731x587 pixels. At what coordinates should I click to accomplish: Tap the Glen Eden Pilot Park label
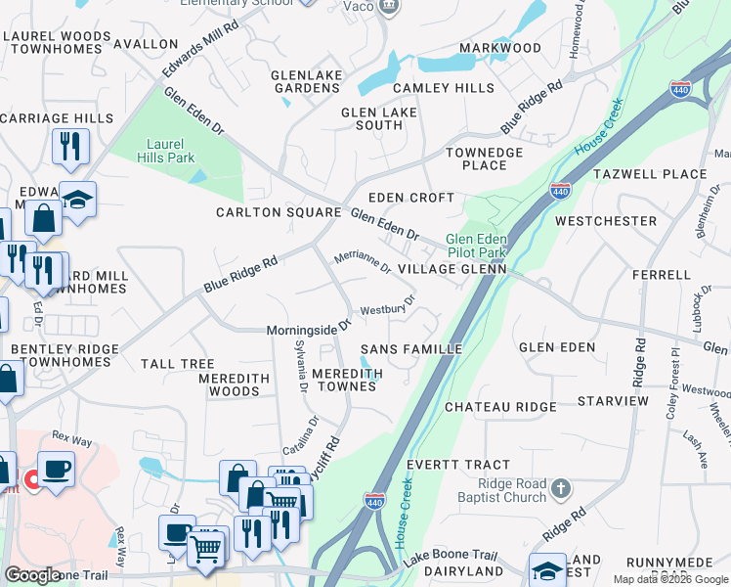[x=476, y=246]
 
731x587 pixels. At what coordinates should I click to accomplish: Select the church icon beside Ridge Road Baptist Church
[x=561, y=486]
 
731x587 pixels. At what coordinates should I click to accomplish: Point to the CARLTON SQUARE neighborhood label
[x=278, y=212]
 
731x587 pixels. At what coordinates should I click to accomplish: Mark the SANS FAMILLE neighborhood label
[x=411, y=349]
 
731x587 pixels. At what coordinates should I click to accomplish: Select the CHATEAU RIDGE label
[x=500, y=406]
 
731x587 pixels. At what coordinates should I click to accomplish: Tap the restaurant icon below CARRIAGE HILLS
[x=70, y=146]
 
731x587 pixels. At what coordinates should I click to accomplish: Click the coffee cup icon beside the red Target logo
[x=57, y=469]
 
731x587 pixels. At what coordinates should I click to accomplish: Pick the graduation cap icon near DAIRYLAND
[x=547, y=570]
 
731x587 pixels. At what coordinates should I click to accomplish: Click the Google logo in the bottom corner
[x=32, y=575]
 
